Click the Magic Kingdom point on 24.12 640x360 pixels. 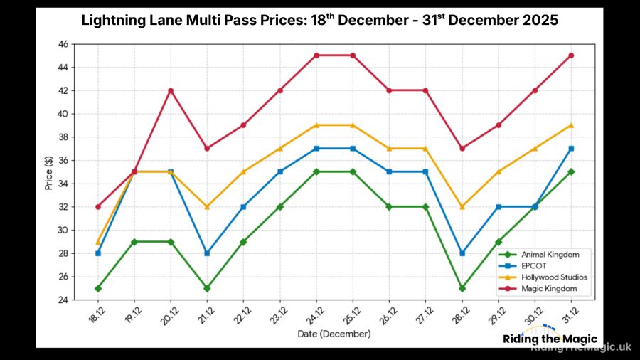pyautogui.click(x=316, y=55)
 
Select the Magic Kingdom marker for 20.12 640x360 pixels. pyautogui.click(x=171, y=90)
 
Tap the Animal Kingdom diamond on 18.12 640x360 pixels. pyautogui.click(x=97, y=288)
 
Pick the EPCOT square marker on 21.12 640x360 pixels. pyautogui.click(x=207, y=253)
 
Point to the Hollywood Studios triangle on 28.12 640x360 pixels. pyautogui.click(x=462, y=207)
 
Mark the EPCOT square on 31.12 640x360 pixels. pyautogui.click(x=571, y=149)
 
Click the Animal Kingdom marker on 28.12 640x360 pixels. pyautogui.click(x=462, y=288)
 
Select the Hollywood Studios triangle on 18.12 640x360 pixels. pyautogui.click(x=97, y=242)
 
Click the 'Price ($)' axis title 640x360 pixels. pyautogui.click(x=48, y=171)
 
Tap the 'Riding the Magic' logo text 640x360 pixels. pyautogui.click(x=550, y=339)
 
